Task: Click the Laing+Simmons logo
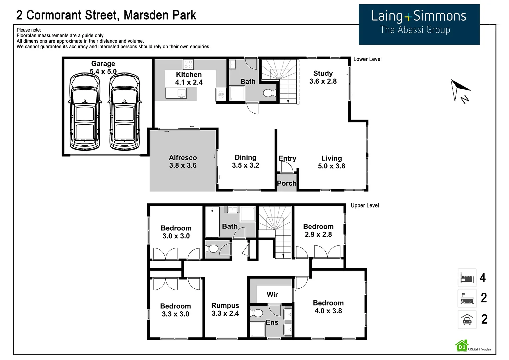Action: (419, 24)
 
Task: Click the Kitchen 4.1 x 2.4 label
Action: (189, 78)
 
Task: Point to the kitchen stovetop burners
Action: (188, 64)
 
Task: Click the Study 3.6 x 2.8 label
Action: (323, 77)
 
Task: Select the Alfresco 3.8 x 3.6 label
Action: (183, 161)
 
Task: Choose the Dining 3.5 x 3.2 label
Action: (245, 161)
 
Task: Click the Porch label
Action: (286, 183)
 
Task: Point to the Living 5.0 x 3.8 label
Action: (331, 162)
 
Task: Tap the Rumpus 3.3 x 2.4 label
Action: (225, 309)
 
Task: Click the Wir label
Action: (272, 294)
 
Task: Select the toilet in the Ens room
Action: (257, 313)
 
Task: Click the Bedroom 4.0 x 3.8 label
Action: (328, 307)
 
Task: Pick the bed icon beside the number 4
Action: (467, 278)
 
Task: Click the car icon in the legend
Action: (467, 319)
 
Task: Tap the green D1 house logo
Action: (462, 346)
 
